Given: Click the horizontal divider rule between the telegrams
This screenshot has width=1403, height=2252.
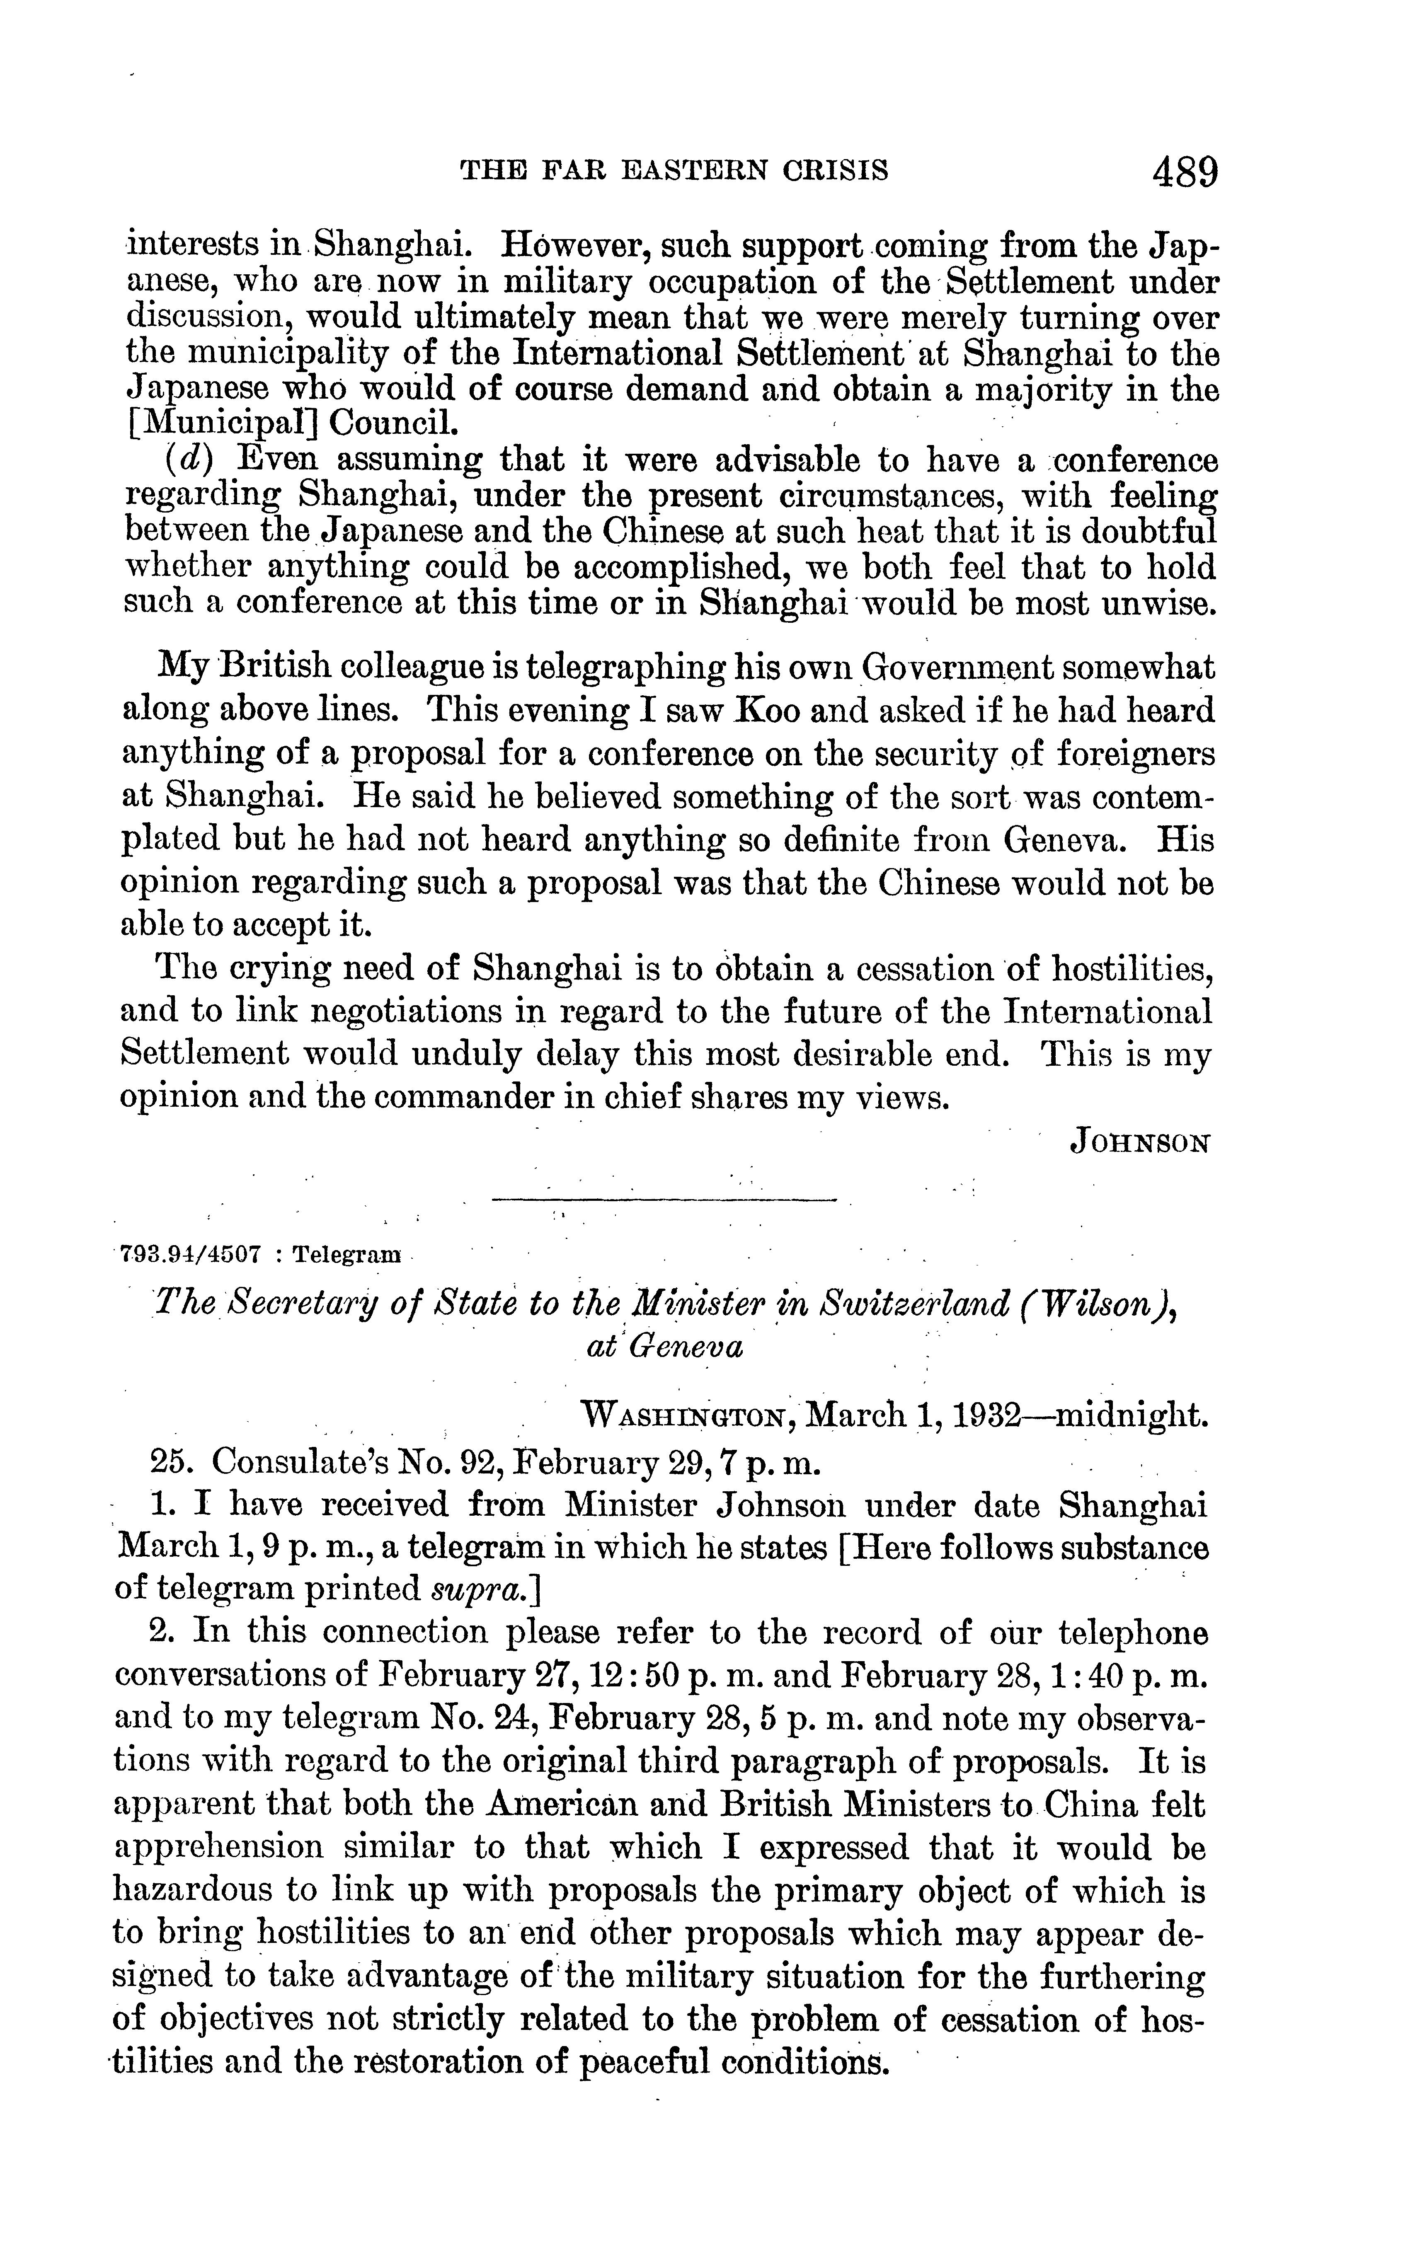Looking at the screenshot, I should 664,1201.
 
